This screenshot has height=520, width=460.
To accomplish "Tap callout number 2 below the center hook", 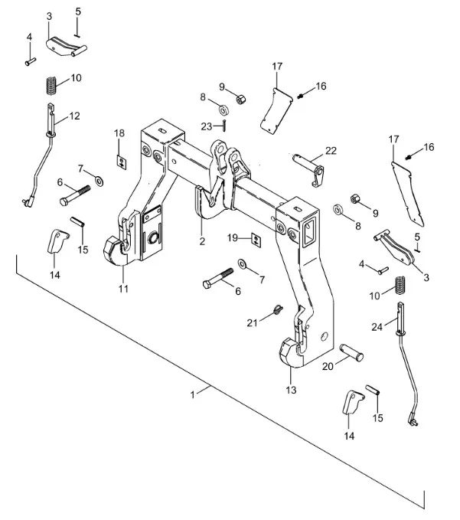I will (x=201, y=242).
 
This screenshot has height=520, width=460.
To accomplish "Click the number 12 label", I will (x=74, y=116).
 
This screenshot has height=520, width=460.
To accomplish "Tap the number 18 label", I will (x=119, y=134).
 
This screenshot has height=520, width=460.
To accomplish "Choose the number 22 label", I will (x=330, y=151).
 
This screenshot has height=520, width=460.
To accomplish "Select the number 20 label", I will (x=328, y=366).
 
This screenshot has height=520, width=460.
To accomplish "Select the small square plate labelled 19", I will (x=256, y=240).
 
